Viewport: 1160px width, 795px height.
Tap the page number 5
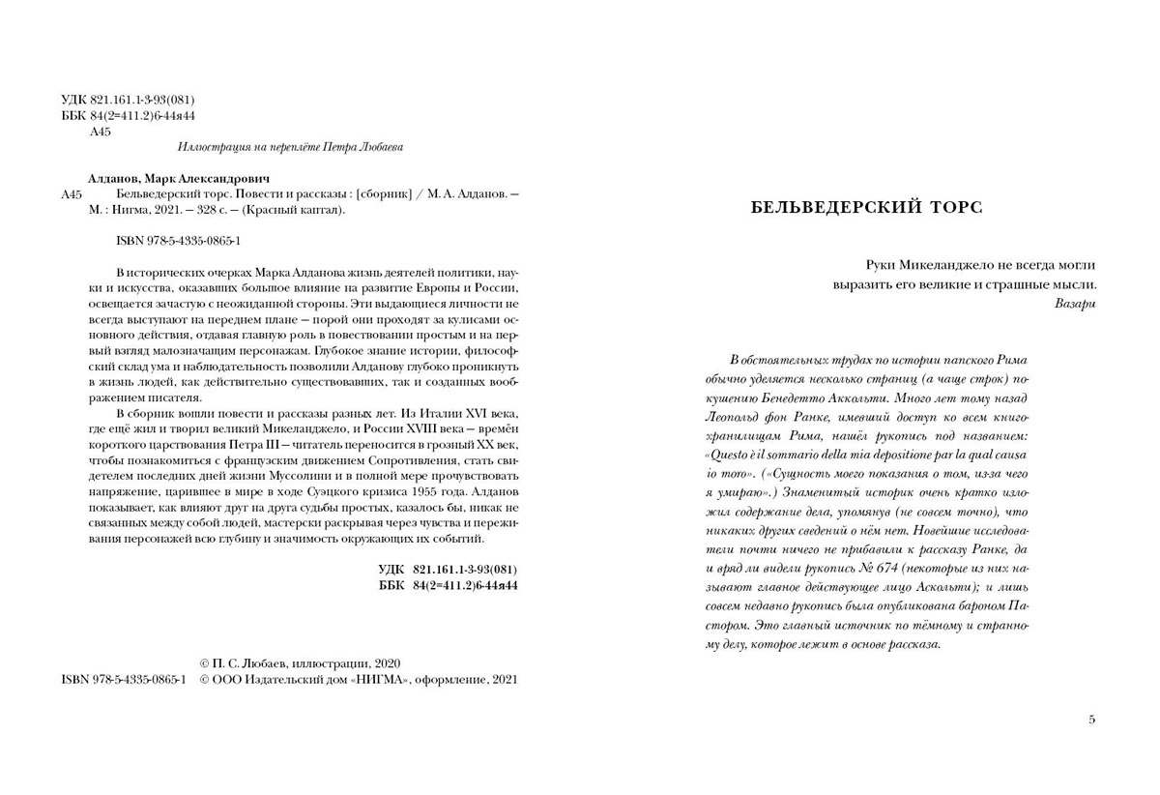click(x=1092, y=720)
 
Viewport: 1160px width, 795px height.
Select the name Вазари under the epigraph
click(x=1075, y=304)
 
